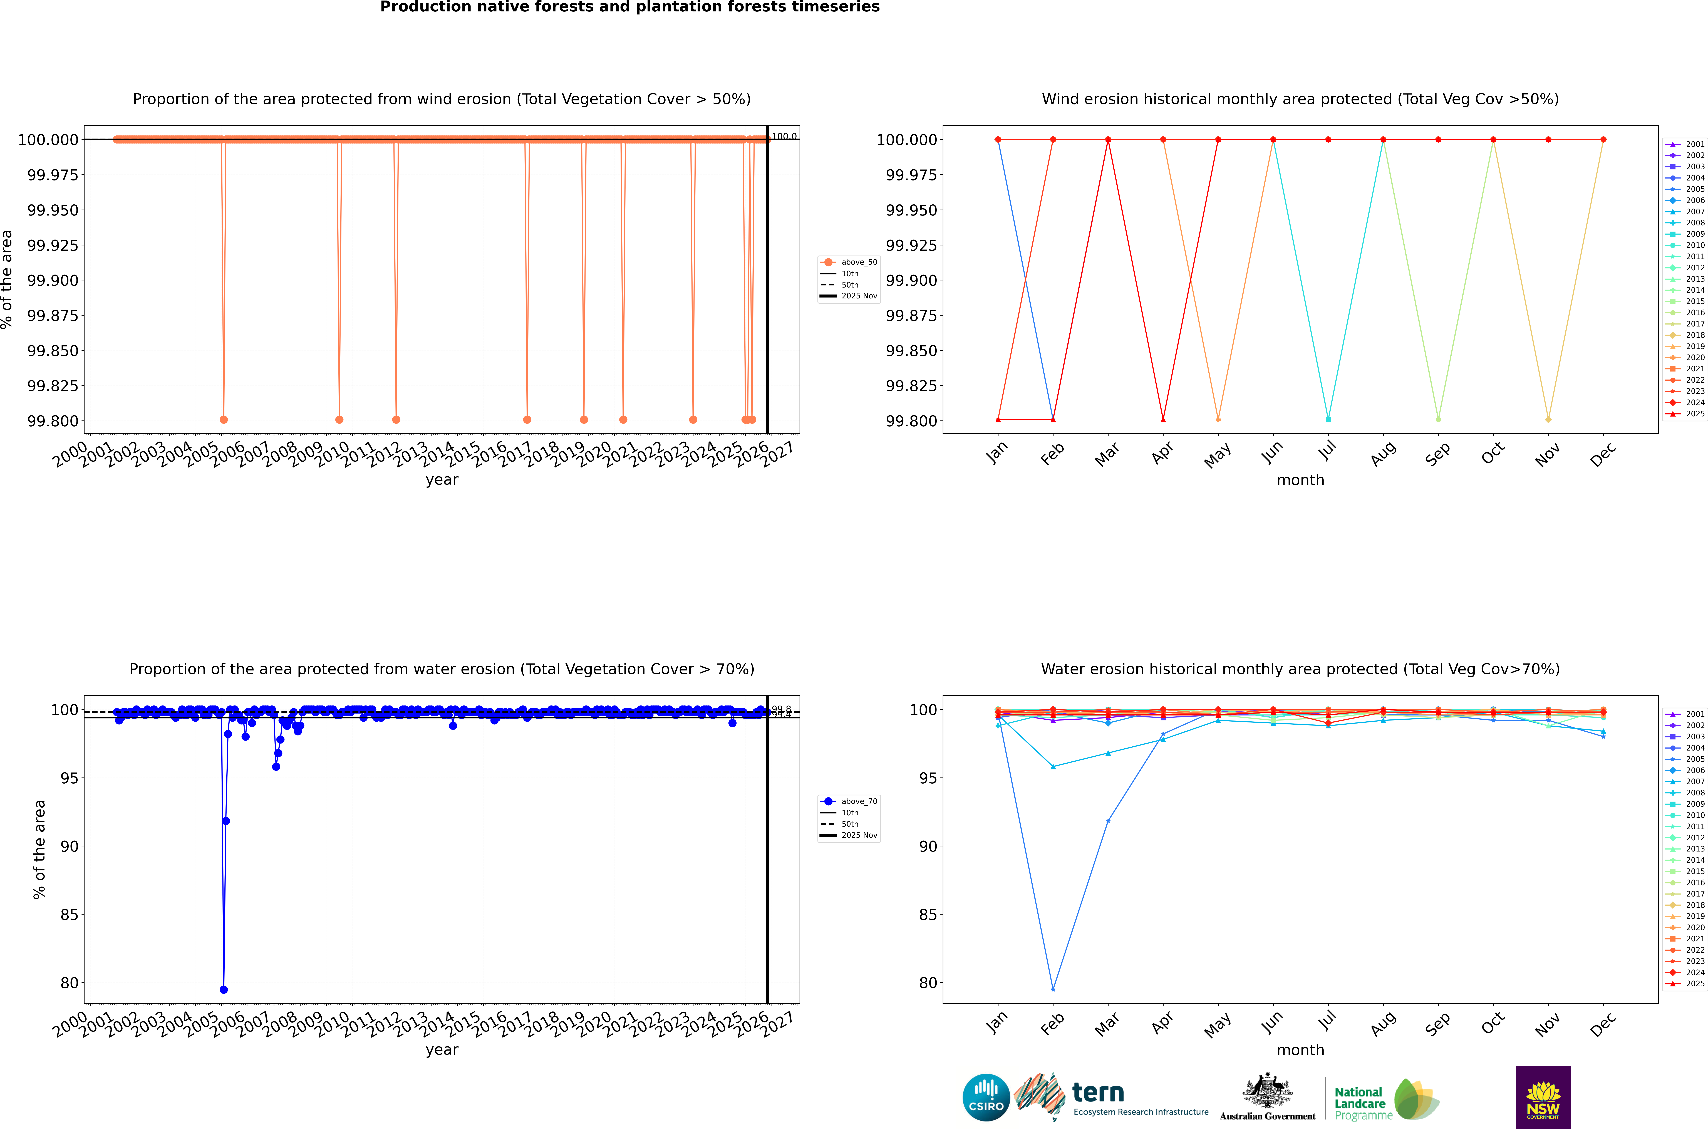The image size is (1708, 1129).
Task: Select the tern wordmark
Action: point(1098,1093)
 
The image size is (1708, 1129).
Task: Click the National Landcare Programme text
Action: point(1360,1103)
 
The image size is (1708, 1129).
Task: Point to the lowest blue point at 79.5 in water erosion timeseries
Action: point(224,989)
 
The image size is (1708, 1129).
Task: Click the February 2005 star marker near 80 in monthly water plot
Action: point(1053,989)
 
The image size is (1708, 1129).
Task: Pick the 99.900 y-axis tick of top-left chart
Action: point(53,280)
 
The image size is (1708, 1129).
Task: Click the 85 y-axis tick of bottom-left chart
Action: point(69,914)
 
